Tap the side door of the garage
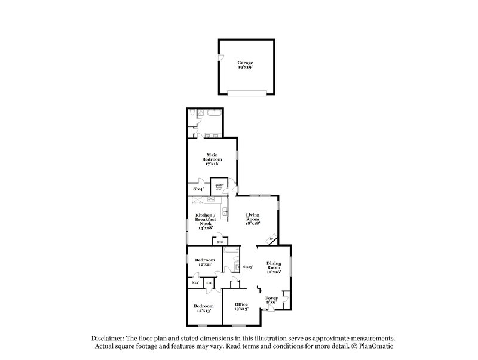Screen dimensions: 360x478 (219, 58)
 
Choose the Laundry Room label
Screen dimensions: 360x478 (219, 187)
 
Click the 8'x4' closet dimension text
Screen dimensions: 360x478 (198, 189)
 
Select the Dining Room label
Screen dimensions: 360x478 (273, 267)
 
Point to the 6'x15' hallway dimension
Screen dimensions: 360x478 (248, 267)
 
